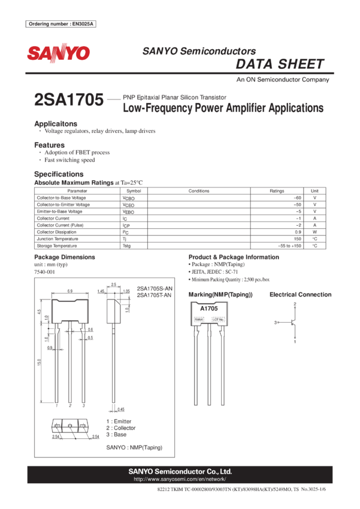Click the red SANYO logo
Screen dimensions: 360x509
[58, 53]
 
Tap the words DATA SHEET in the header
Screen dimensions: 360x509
[280, 64]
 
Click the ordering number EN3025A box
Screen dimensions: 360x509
[62, 24]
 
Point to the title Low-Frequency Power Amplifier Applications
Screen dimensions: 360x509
[223, 108]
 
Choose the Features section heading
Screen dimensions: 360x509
[49, 145]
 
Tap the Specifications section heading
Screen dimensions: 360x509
[59, 174]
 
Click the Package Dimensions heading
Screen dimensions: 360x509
[65, 257]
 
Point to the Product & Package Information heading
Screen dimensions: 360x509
[233, 257]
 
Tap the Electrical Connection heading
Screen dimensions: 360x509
[301, 295]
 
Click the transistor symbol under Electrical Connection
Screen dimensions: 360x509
[292, 322]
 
